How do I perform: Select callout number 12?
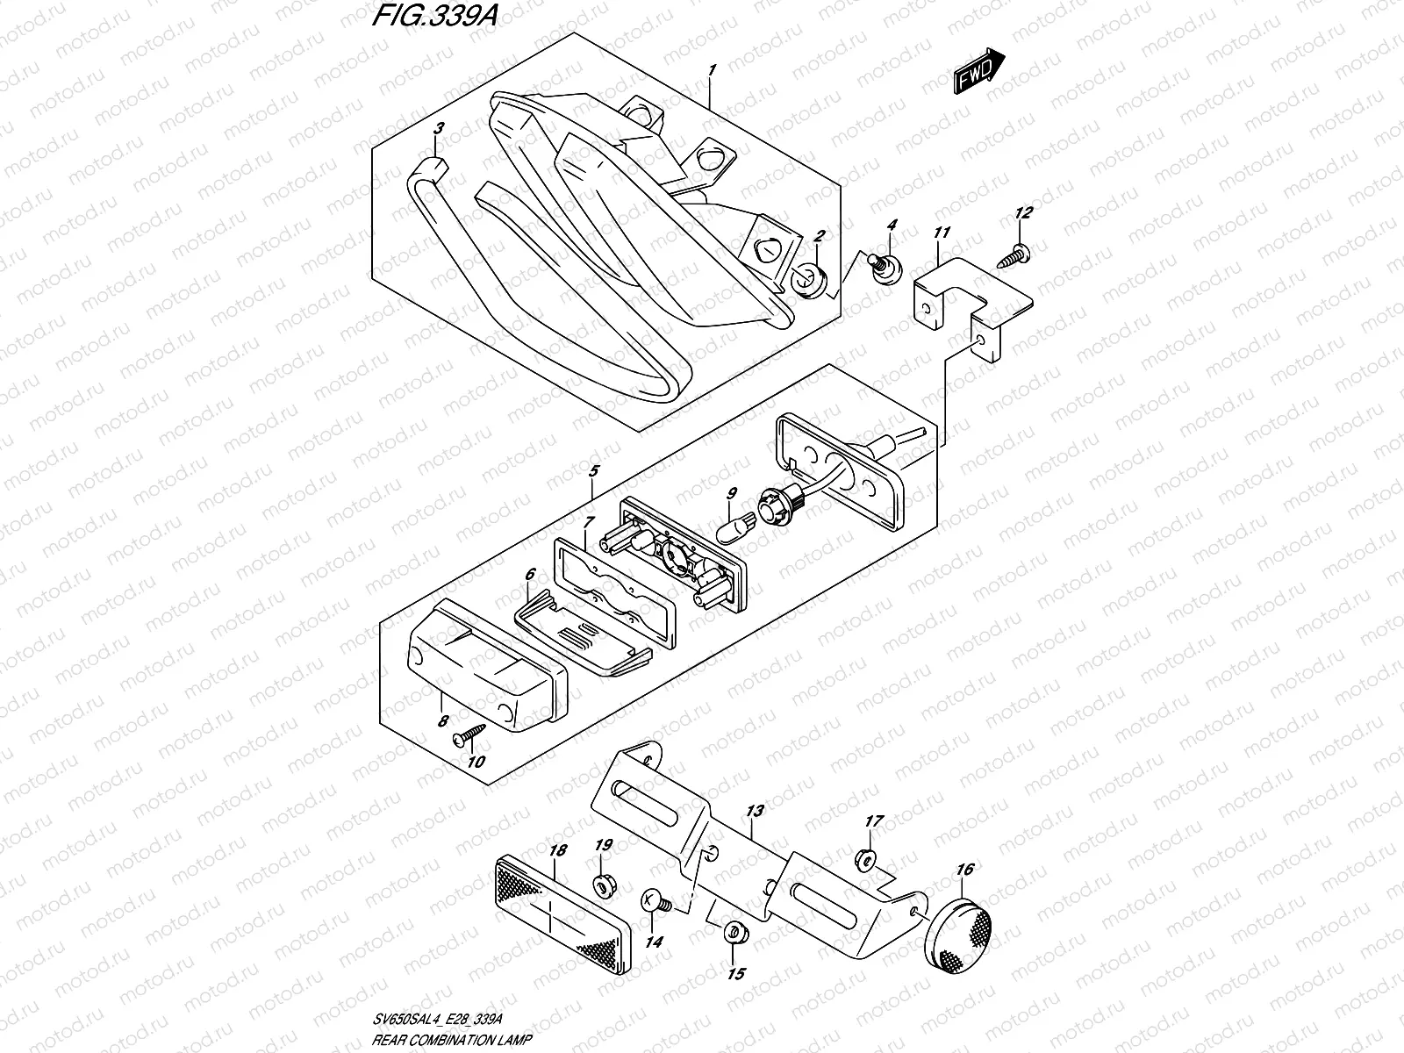[x=1023, y=212]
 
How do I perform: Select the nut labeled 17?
[x=863, y=857]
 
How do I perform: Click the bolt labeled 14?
[x=655, y=900]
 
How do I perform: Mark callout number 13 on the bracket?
[x=756, y=811]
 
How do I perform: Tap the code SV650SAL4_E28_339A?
[x=446, y=1018]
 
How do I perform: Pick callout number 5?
[x=593, y=471]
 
